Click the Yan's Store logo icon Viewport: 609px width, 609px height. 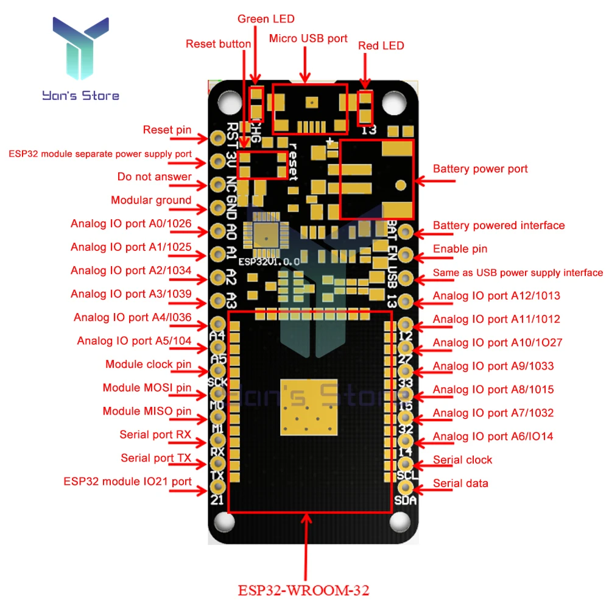(x=80, y=52)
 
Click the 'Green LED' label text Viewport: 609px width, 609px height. (x=261, y=19)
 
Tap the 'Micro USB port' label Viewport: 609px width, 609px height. (x=308, y=39)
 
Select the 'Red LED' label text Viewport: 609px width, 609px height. (x=381, y=46)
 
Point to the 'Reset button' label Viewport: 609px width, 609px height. (x=218, y=44)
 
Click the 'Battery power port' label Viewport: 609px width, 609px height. (x=480, y=169)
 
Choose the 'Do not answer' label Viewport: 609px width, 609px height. (x=155, y=177)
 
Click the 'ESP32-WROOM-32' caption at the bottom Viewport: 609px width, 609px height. (x=303, y=590)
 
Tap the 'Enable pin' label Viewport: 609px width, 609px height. (x=460, y=248)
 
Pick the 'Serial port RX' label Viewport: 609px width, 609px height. (x=155, y=434)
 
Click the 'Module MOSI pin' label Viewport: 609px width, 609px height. (x=147, y=388)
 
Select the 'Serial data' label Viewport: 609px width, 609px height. (x=460, y=484)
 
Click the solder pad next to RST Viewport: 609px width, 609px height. (x=217, y=138)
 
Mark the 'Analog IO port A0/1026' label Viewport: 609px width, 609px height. (x=131, y=224)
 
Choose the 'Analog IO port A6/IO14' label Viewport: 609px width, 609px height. (x=493, y=436)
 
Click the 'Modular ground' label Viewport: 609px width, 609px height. (x=151, y=200)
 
